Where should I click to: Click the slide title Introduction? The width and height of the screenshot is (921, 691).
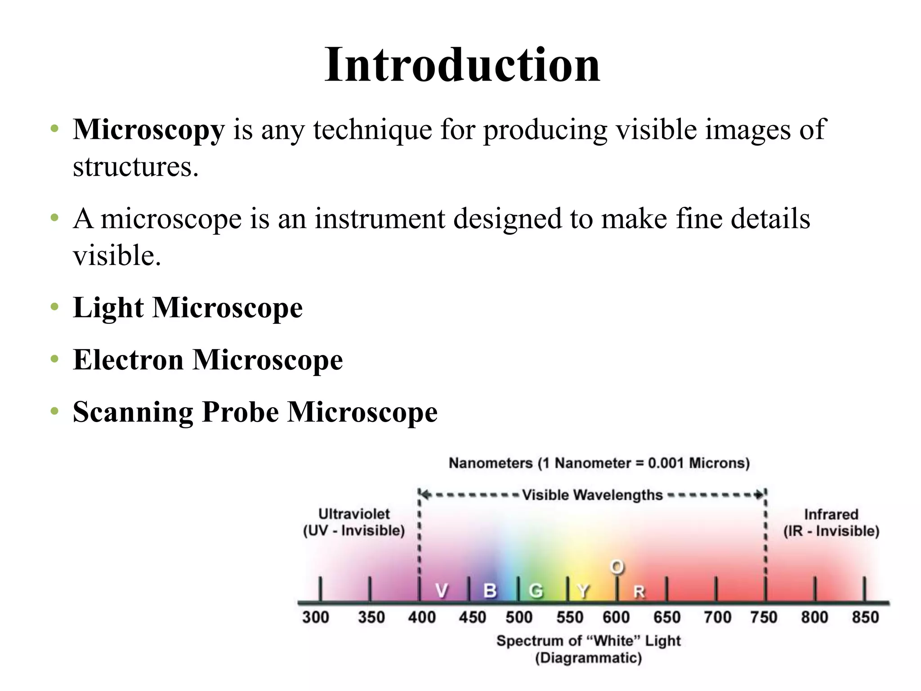click(x=462, y=65)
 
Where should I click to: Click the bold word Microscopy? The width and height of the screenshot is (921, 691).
click(x=148, y=130)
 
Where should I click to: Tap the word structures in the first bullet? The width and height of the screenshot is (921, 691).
click(x=135, y=167)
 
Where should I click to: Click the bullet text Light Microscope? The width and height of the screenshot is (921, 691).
click(x=188, y=308)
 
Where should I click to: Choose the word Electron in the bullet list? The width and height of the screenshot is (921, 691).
click(x=128, y=360)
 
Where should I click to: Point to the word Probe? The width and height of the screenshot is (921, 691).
click(x=240, y=412)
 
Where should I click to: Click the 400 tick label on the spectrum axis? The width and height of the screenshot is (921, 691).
click(x=421, y=617)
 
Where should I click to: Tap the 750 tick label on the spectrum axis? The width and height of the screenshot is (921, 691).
click(x=764, y=617)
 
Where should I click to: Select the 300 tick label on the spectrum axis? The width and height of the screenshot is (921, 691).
click(x=315, y=617)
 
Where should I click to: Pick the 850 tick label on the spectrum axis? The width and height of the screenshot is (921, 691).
click(x=865, y=617)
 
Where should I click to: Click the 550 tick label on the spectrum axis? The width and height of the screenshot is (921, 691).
click(x=569, y=617)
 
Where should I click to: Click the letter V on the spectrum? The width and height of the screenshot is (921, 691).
click(x=442, y=591)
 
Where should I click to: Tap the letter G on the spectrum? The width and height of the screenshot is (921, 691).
click(x=536, y=591)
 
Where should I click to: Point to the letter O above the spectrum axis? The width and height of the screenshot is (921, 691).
click(x=617, y=567)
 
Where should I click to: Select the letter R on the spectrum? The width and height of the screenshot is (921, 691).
click(x=639, y=592)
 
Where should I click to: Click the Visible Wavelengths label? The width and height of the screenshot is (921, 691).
click(x=592, y=495)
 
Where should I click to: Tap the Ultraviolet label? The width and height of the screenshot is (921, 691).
click(x=354, y=514)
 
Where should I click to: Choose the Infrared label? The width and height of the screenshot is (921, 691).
click(x=831, y=514)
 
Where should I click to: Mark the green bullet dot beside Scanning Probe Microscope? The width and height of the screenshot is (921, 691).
click(x=55, y=411)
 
